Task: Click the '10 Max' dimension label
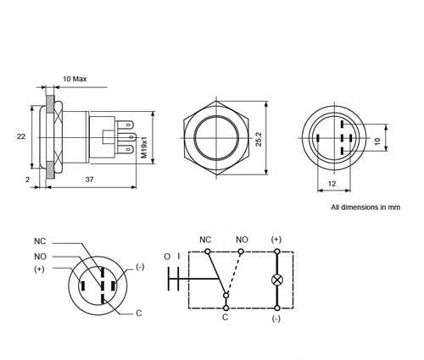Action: point(75,79)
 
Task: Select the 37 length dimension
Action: point(89,180)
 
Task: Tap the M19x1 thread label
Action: point(144,145)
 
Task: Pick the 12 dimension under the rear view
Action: point(331,184)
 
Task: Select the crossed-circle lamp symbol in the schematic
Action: point(276,279)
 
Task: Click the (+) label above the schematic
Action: point(276,240)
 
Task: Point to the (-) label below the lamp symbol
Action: point(276,319)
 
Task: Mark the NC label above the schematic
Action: point(204,240)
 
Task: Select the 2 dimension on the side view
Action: point(28,180)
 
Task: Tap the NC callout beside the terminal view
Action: point(40,240)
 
